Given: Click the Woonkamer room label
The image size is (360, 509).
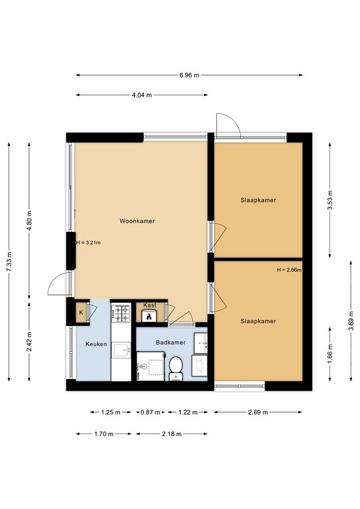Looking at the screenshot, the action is tap(137, 221).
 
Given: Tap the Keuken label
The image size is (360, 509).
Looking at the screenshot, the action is tap(96, 344).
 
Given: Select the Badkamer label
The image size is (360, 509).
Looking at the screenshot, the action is tap(170, 343).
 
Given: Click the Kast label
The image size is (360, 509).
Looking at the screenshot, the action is tap(150, 305).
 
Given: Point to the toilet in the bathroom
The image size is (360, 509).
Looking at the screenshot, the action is tap(176, 368).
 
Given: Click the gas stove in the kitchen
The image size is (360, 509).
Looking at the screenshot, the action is tap(121, 313).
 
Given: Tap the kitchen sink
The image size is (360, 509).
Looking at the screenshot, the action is tap(121, 350).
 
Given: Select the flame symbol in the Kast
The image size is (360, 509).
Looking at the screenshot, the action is tap(149, 317).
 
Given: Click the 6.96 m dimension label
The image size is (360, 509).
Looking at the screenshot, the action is tap(189, 76).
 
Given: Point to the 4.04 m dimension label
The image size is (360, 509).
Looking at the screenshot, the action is tap(141, 95).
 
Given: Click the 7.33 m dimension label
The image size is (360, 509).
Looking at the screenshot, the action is tap(9, 262).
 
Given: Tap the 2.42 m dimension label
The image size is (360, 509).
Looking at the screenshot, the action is tap(29, 341).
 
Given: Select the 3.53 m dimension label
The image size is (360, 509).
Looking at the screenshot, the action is tap(330, 200).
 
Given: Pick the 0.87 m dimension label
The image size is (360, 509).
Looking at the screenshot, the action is tap(150, 412).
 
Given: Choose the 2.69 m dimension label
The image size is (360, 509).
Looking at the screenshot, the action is tap(258, 412).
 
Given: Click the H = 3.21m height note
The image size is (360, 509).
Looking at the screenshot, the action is tap(88, 243).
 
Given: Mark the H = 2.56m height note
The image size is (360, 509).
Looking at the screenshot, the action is tap(289, 270).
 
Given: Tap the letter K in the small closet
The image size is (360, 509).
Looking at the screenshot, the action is tap(81, 313).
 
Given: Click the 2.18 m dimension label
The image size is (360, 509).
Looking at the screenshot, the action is tap(172, 433).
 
